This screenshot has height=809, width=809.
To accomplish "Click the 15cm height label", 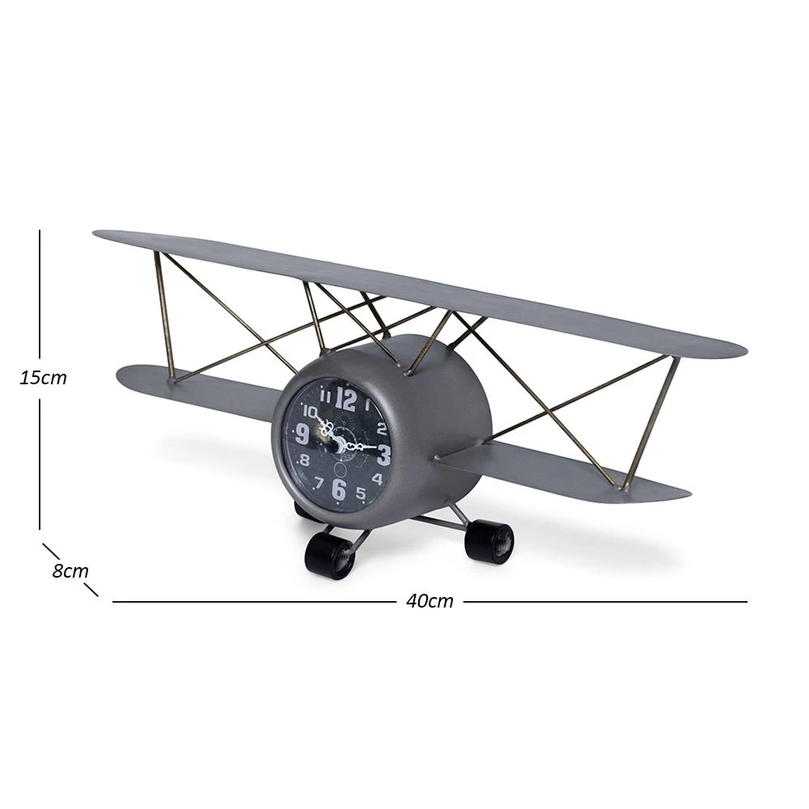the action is pos(44,378).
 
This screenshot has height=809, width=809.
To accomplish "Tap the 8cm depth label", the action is pos(70,571).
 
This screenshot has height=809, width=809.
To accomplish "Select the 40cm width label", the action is pos(430,601).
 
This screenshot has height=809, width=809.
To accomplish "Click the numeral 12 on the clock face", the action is pos(345,399).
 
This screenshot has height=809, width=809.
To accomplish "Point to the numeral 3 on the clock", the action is pos(383,455).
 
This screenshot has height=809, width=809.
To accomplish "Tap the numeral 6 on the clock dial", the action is pos(338,489).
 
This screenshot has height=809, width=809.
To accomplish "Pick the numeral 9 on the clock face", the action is pos(303,434).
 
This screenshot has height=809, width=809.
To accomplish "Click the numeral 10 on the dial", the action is pos(310,411).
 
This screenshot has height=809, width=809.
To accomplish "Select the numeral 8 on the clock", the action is pos(304,460).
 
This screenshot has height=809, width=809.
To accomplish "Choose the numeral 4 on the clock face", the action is pos(377,479).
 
